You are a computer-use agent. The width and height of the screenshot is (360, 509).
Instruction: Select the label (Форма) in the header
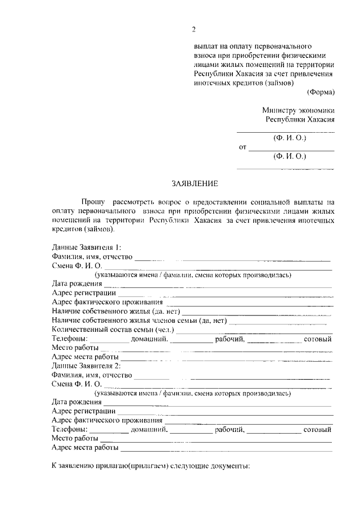coord(321,92)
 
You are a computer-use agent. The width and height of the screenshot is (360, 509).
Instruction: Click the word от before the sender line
coord(243,148)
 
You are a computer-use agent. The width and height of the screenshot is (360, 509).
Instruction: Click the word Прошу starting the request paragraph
coord(93,201)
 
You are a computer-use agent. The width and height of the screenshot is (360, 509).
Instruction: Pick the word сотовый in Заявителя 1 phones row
coord(317,339)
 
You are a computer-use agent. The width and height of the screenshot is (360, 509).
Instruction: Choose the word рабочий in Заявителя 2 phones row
coord(229,430)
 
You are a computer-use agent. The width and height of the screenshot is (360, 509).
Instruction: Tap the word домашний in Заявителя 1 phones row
coord(149,339)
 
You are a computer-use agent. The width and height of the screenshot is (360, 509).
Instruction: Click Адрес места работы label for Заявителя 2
coord(85,448)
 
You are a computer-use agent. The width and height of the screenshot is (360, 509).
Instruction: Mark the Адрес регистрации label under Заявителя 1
coord(83,293)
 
